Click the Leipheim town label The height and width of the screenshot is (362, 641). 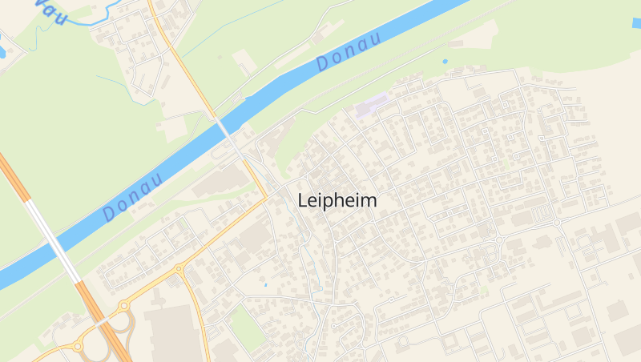[x=337, y=201]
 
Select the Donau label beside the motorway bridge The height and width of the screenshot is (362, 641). [x=133, y=195]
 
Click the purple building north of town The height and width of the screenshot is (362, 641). [x=371, y=106]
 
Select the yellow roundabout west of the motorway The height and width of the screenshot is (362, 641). [x=79, y=347]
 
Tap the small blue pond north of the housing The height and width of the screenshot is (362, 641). [x=445, y=61]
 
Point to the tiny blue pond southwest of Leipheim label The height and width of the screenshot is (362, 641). [x=265, y=284]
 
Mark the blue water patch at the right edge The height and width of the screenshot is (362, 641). [x=636, y=22]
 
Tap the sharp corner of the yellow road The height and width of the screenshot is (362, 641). [x=267, y=195]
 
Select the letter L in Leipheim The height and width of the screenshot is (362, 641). [x=302, y=200]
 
